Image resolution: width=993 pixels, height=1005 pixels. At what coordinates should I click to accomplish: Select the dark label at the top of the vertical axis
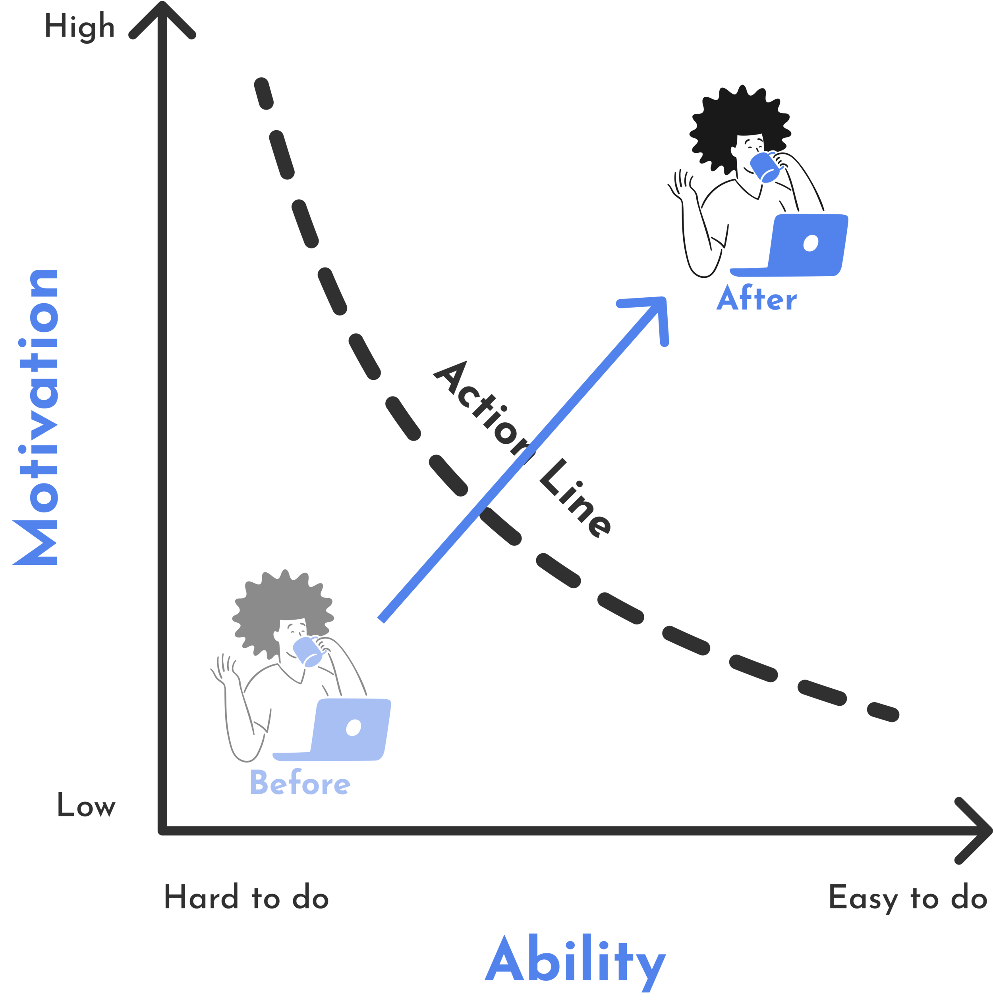tap(86, 26)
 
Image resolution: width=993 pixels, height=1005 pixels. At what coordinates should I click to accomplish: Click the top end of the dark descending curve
tap(263, 86)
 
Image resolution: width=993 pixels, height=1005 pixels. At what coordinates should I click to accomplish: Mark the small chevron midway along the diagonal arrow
tap(533, 442)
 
